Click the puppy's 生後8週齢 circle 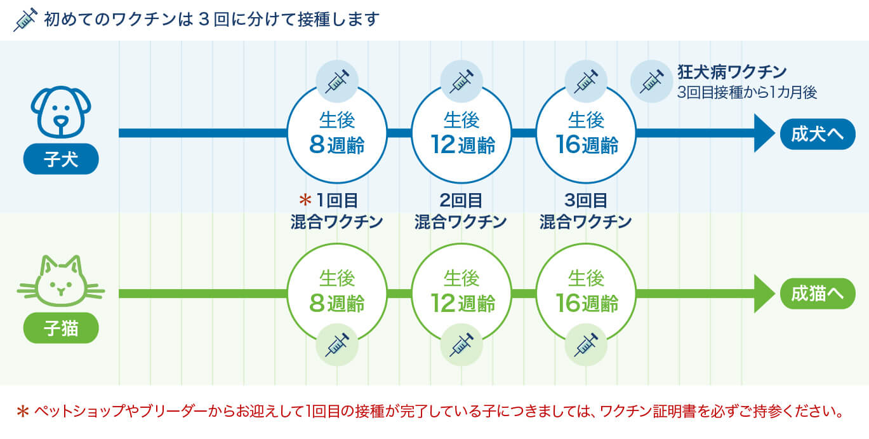click(x=337, y=133)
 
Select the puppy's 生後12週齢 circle click(x=461, y=133)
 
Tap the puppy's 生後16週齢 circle click(x=586, y=133)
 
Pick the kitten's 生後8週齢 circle click(x=337, y=293)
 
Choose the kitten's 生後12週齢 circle click(x=461, y=293)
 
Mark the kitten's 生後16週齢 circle click(x=586, y=293)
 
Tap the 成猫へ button click(x=818, y=294)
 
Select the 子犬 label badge click(x=61, y=159)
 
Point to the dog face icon click(x=61, y=112)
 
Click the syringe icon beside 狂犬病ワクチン click(x=651, y=81)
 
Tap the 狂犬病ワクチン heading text click(x=732, y=71)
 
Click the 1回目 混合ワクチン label click(x=337, y=211)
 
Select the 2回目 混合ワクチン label click(x=461, y=211)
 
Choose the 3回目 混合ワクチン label click(x=586, y=211)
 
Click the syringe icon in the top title click(x=25, y=20)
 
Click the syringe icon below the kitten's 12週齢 click(x=461, y=344)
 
